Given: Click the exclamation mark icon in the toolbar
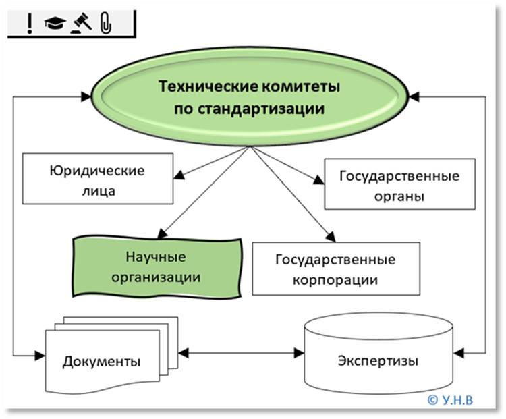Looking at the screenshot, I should pos(29,24).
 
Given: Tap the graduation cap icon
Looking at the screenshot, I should pos(53,24).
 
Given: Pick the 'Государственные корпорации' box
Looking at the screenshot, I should pos(335,268).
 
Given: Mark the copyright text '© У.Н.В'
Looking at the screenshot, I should pos(450,399).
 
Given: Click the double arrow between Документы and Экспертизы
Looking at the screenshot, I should pos(243,352).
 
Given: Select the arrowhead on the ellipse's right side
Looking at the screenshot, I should pos(414,97).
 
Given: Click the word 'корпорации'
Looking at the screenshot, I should pos(335,279).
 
